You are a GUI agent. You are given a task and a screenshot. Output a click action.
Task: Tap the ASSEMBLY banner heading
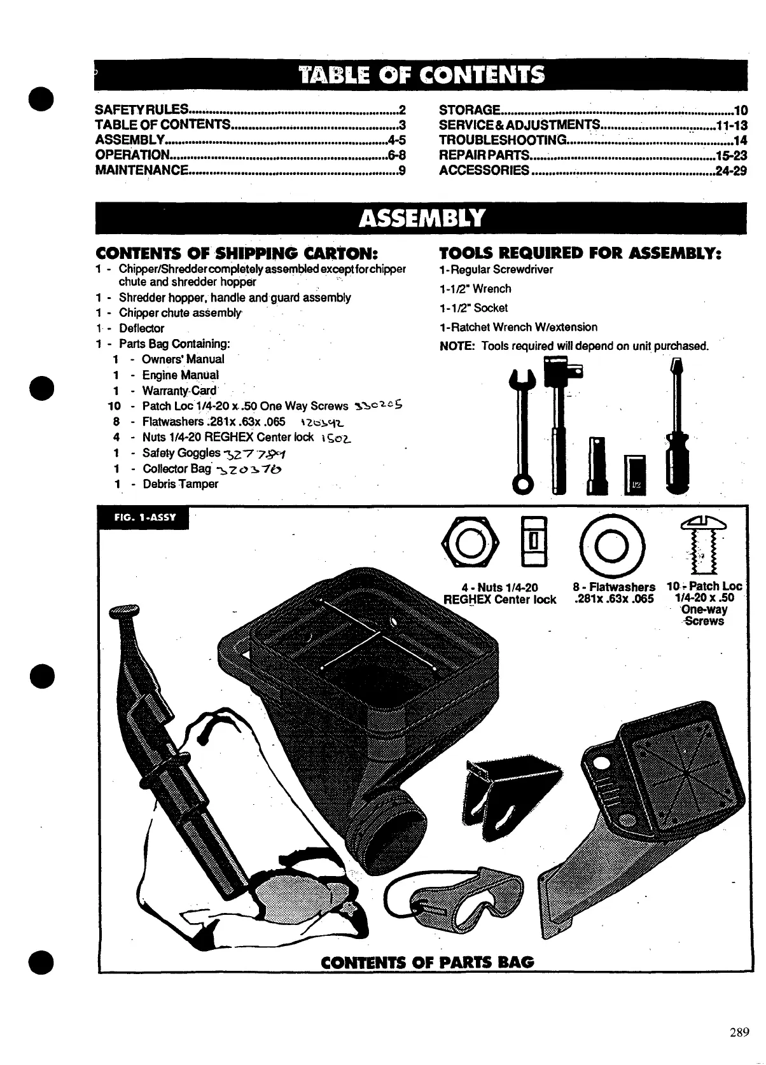(421, 219)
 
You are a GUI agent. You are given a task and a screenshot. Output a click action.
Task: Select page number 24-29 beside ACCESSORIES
(730, 171)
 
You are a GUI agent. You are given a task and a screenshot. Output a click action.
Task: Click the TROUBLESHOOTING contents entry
(503, 140)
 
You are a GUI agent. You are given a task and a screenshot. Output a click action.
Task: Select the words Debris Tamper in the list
(180, 484)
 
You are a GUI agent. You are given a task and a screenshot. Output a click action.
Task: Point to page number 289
(739, 1033)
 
